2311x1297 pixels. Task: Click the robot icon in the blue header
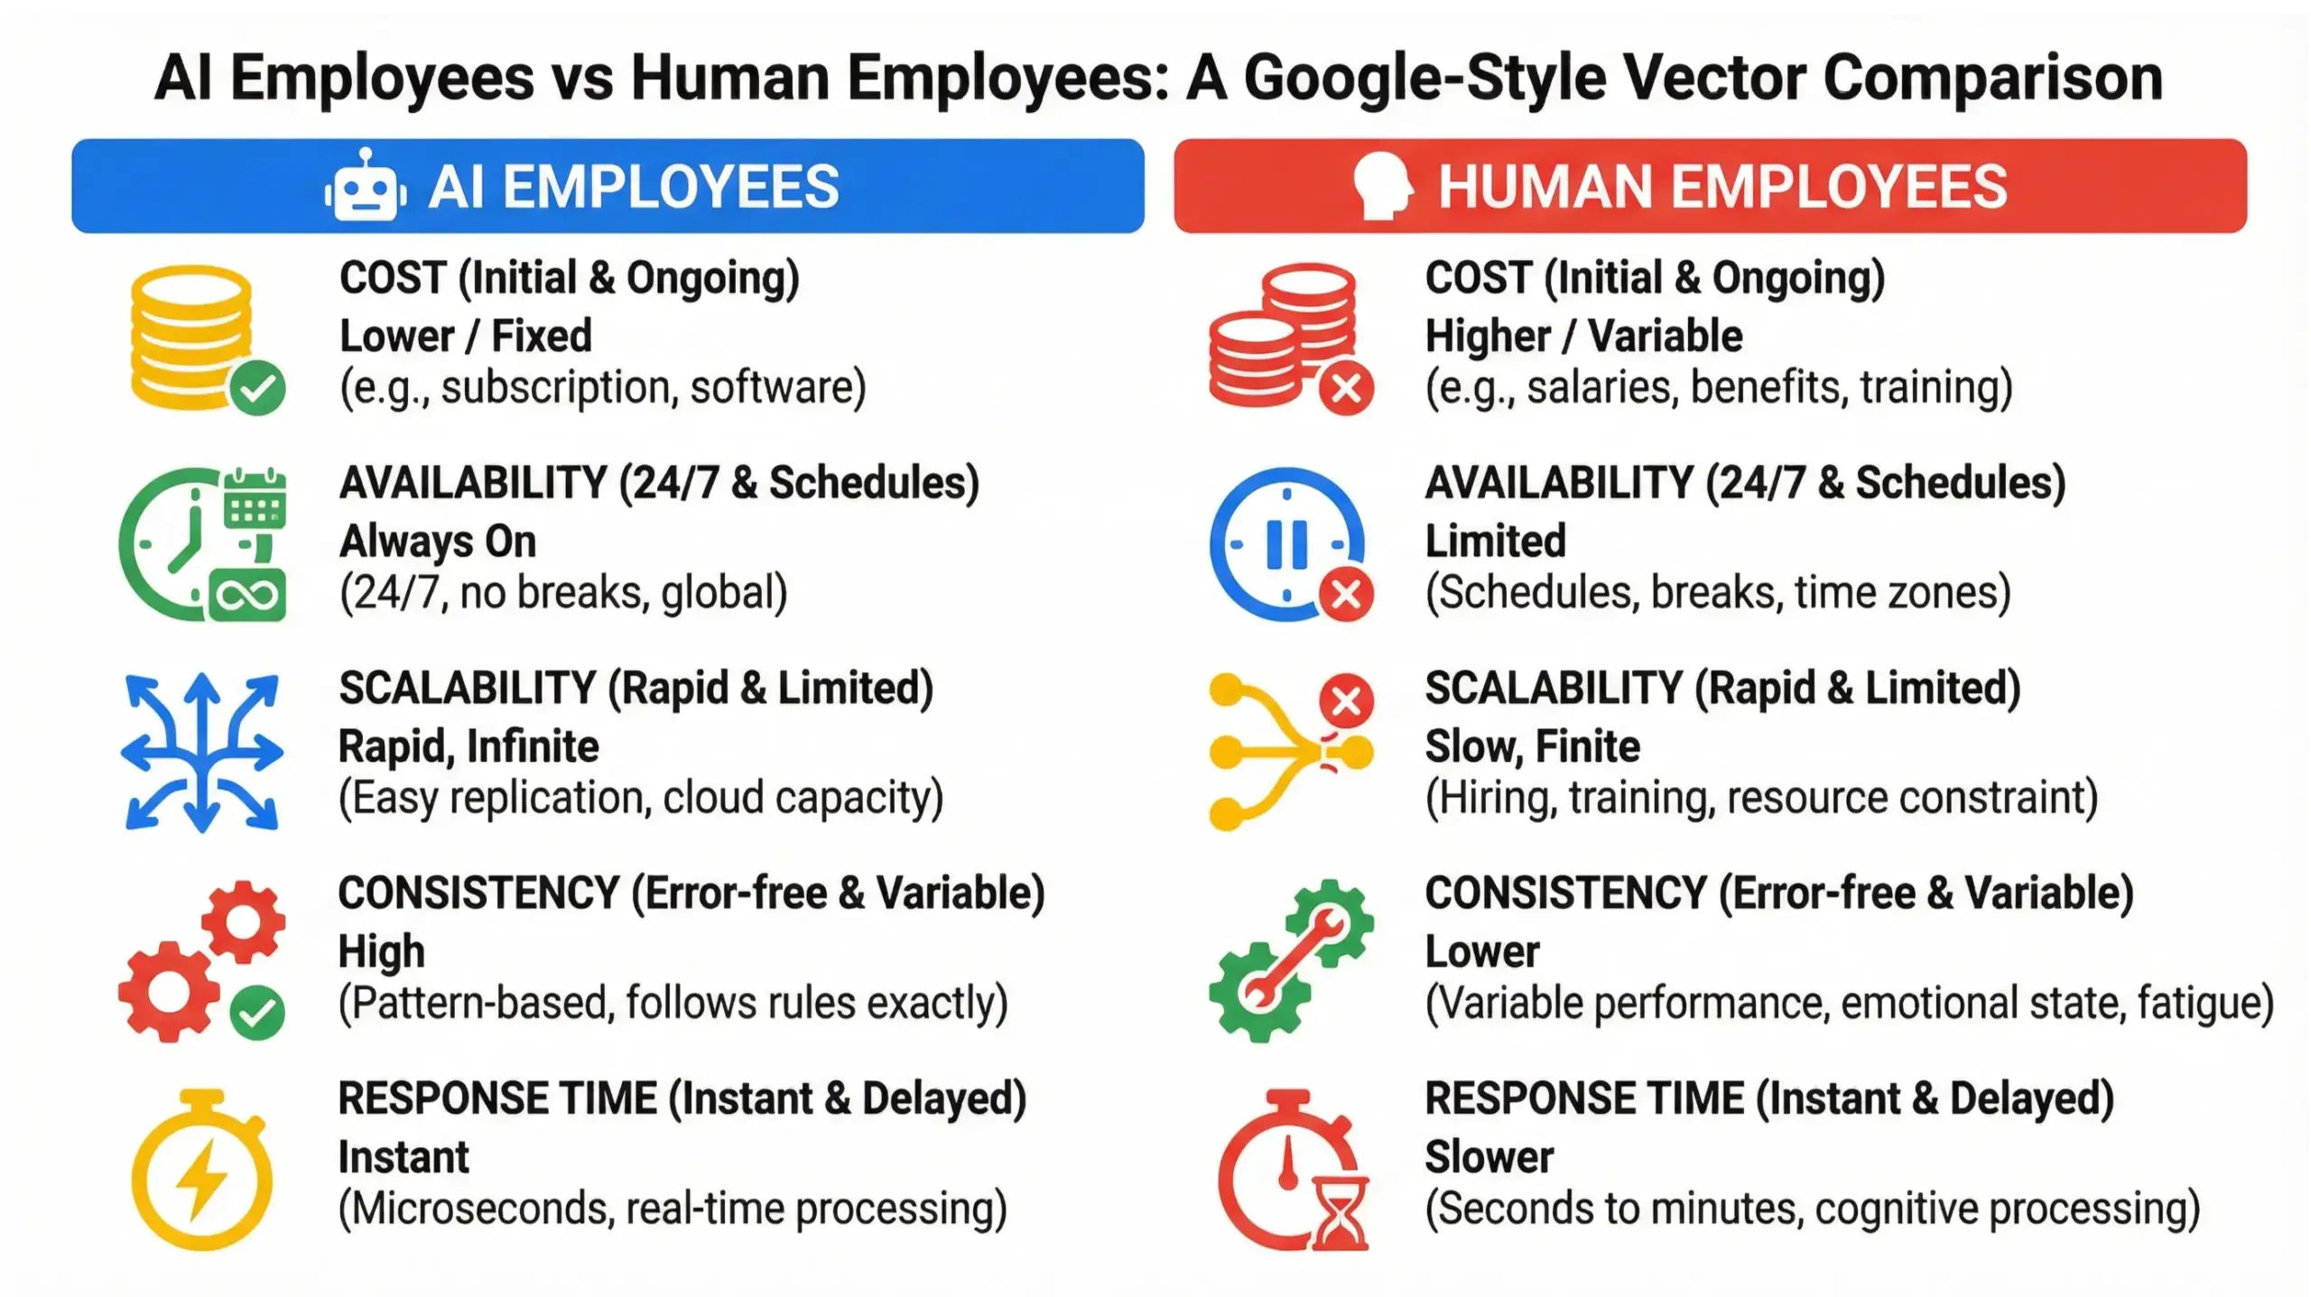tap(363, 186)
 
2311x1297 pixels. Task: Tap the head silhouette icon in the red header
tap(1382, 186)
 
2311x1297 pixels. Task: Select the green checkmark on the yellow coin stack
tap(257, 388)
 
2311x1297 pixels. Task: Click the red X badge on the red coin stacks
tap(1346, 389)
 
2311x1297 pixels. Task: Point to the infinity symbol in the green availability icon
tap(247, 596)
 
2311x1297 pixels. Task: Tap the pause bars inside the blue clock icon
tap(1286, 544)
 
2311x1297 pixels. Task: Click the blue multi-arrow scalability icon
tap(202, 752)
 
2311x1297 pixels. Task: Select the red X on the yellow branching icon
tap(1346, 701)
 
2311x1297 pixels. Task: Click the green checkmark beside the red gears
tap(257, 1013)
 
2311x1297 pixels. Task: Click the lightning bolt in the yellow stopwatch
tap(202, 1179)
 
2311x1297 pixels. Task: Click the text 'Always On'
tap(438, 542)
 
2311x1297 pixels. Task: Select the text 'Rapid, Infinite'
tap(469, 746)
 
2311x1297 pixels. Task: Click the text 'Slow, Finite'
tap(1532, 746)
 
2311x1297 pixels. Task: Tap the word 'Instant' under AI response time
tap(404, 1157)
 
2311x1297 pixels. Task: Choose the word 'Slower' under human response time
tap(1490, 1157)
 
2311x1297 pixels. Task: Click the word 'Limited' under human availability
tap(1495, 542)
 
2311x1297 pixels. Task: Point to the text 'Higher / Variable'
tap(1583, 336)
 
